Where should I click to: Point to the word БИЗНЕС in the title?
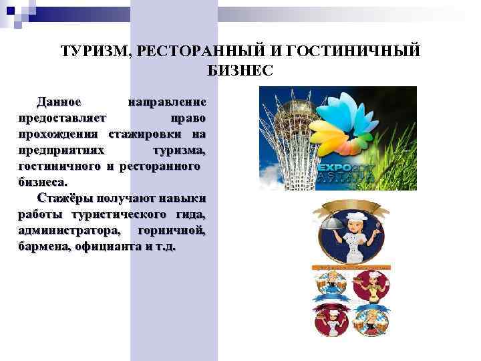pyautogui.click(x=240, y=70)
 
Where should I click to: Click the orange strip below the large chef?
pyautogui.click(x=351, y=267)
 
